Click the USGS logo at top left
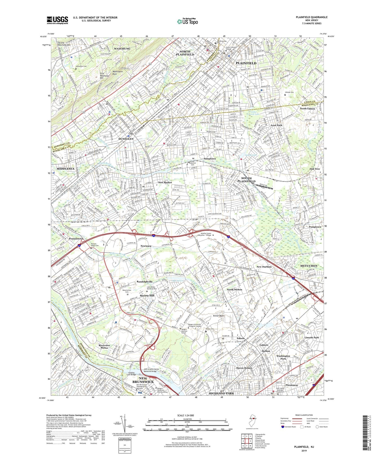pos(57,20)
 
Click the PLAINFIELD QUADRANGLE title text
pos(312,17)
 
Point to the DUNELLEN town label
pos(126,139)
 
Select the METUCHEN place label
pos(309,266)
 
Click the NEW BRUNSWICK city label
pos(143,380)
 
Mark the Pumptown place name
pos(315,227)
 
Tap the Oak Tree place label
pos(315,169)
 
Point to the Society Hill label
pos(147,295)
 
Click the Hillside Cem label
pos(289,92)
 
